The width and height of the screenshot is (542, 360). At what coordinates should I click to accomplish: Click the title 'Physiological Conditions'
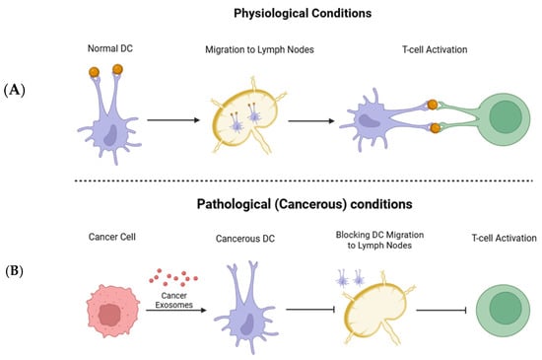303,13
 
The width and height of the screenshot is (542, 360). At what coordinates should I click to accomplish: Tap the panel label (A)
14,91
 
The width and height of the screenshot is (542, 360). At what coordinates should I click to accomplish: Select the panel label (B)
14,271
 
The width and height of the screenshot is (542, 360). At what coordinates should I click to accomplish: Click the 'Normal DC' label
110,48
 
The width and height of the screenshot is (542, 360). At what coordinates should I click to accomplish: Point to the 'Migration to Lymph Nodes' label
259,49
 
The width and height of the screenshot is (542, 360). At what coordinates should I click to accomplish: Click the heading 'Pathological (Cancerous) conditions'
305,204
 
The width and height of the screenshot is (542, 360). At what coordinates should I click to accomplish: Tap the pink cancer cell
112,312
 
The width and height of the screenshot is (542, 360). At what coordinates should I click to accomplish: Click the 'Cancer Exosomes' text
173,300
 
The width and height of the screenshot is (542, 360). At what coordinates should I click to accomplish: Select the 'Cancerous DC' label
245,239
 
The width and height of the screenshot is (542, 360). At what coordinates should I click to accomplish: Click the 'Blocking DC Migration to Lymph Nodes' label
379,240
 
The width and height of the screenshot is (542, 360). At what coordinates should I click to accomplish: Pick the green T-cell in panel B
503,311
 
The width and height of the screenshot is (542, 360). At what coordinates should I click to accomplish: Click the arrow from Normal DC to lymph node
173,120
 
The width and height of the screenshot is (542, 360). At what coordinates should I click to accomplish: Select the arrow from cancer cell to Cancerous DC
176,311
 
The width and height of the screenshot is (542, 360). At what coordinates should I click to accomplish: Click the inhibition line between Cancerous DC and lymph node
310,309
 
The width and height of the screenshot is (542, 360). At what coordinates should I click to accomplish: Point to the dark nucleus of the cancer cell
109,316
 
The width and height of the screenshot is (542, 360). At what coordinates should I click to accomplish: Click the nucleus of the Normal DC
110,135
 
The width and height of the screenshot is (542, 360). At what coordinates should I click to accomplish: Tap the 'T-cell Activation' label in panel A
435,49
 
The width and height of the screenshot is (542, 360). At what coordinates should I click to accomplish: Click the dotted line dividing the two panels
304,180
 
